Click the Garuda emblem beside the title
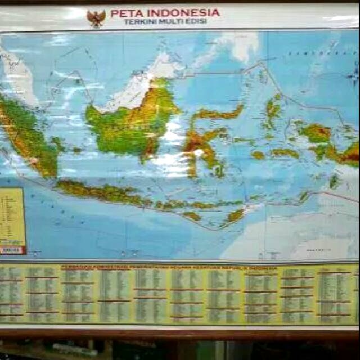point(96,19)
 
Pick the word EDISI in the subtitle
point(198,22)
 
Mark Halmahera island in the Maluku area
point(273,110)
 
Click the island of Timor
point(236,214)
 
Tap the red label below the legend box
point(11,250)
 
